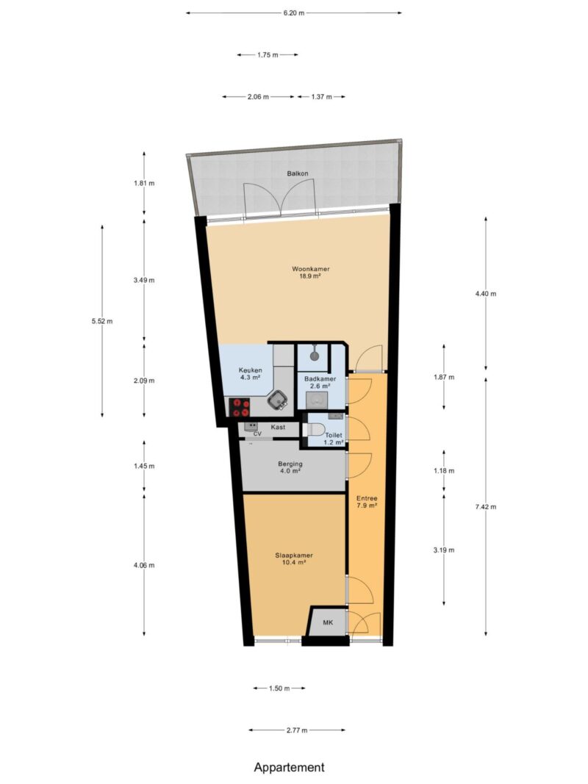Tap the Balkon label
[x=298, y=173]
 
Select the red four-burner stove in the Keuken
[x=240, y=407]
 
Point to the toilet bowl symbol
[x=315, y=430]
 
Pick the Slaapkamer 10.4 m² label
[x=294, y=558]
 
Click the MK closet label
[x=328, y=622]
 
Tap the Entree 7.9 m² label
[x=367, y=502]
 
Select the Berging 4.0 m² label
[x=290, y=467]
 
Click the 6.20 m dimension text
[x=293, y=13]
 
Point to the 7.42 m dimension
[x=486, y=506]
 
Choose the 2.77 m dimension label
[x=296, y=730]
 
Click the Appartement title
[x=289, y=767]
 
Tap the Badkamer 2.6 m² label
[x=320, y=383]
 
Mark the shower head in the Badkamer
[x=314, y=355]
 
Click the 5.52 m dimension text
[x=102, y=321]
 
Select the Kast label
[x=278, y=427]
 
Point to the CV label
[x=257, y=434]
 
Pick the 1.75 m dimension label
[x=268, y=55]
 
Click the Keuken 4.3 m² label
[x=250, y=374]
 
